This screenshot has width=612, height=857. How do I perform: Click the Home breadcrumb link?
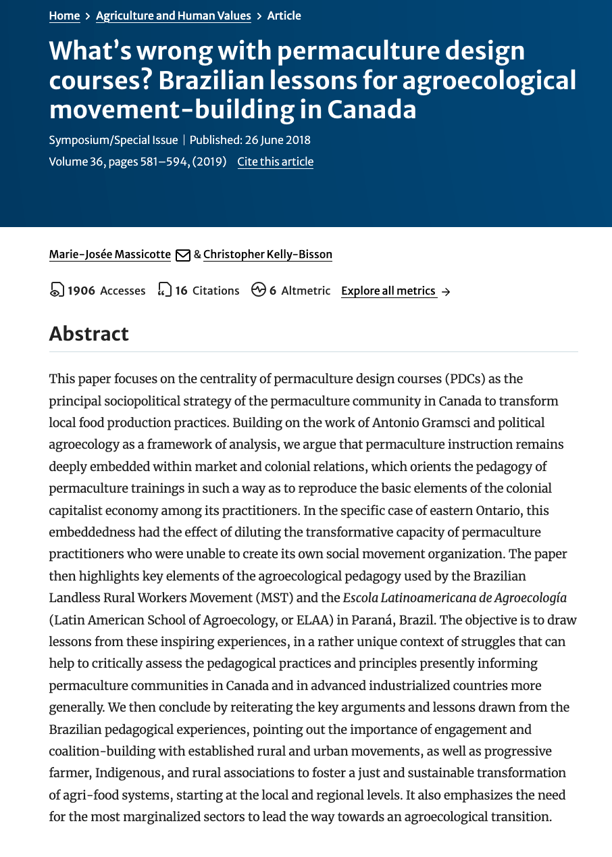[64, 16]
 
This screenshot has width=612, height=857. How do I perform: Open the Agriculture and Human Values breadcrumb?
[173, 16]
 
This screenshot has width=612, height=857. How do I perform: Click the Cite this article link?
[275, 162]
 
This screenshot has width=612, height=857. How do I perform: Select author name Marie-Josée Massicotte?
[110, 254]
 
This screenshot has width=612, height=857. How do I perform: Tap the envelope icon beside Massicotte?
[182, 255]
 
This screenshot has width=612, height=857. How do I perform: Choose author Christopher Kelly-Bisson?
[267, 254]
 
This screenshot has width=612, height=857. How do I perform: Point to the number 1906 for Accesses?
[81, 291]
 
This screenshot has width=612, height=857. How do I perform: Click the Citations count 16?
[181, 291]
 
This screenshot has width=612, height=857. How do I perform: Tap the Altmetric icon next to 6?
[258, 290]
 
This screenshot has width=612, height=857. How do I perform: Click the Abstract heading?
[88, 333]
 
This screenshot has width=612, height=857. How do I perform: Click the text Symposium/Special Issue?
[113, 140]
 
